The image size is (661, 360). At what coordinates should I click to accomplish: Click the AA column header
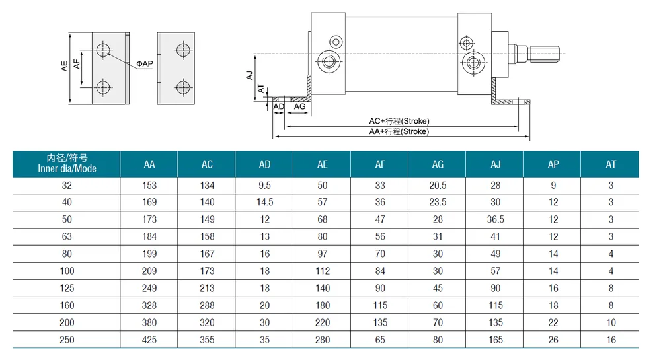149,164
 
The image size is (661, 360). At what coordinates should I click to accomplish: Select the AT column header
611,164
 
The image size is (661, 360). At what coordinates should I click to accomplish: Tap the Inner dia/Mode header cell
67,163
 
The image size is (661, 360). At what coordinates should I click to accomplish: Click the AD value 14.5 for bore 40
265,202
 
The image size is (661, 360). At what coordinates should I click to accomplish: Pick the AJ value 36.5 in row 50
495,219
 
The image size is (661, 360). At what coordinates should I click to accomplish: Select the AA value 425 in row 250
149,340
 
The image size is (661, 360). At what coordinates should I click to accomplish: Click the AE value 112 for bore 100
323,271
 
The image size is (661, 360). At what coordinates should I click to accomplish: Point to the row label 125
67,289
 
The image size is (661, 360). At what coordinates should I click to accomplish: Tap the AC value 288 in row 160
207,305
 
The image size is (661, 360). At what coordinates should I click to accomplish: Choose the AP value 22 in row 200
553,322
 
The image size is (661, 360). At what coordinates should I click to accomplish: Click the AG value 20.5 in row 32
438,185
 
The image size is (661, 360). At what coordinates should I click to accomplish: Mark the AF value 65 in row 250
380,340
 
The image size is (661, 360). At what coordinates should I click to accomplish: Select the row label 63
67,236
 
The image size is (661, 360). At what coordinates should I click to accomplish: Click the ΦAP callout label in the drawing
145,64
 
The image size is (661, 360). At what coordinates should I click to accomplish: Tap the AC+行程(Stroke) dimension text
399,121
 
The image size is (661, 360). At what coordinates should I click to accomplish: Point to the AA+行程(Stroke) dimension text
399,131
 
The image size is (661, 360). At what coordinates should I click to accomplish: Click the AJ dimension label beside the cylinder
250,75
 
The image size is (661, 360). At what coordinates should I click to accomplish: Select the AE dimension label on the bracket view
64,66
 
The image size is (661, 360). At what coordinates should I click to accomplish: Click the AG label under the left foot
299,106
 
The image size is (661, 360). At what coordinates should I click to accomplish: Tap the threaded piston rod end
544,54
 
